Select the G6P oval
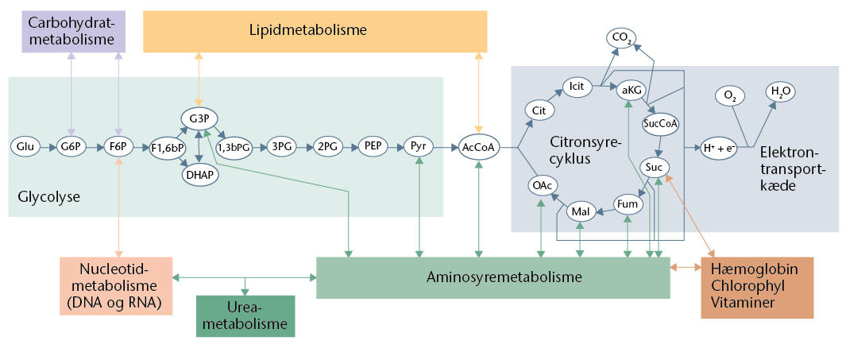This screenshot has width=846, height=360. (71, 147)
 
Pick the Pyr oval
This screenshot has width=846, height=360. (418, 147)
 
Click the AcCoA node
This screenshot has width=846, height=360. (479, 147)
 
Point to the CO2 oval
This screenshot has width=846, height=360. (622, 37)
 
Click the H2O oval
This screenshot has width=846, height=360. (781, 92)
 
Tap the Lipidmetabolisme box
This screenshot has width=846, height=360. (315, 31)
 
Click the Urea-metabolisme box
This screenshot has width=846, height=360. (245, 316)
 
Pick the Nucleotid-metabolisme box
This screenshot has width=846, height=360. (116, 285)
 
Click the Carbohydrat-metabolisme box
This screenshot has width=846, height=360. (71, 32)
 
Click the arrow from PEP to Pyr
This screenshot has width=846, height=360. (395, 147)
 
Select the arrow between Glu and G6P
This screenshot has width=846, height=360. (48, 147)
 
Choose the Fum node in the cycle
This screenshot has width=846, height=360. (628, 204)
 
